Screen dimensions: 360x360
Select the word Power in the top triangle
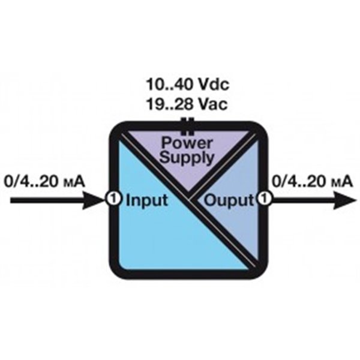(186, 145)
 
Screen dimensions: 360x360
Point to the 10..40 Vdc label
(187, 84)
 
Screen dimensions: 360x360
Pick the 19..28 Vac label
(187, 105)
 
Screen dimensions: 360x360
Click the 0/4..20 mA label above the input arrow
(45, 179)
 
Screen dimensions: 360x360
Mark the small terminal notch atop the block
(188, 123)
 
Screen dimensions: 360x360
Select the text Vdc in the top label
(213, 84)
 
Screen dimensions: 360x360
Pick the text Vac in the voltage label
(213, 105)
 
